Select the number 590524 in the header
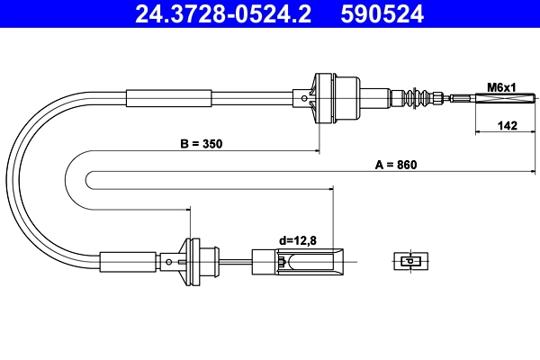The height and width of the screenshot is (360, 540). pos(378,13)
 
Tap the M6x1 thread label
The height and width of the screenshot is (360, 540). pos(500,87)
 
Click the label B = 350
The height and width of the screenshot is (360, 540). pos(201,142)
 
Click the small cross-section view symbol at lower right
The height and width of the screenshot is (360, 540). pos(409,262)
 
